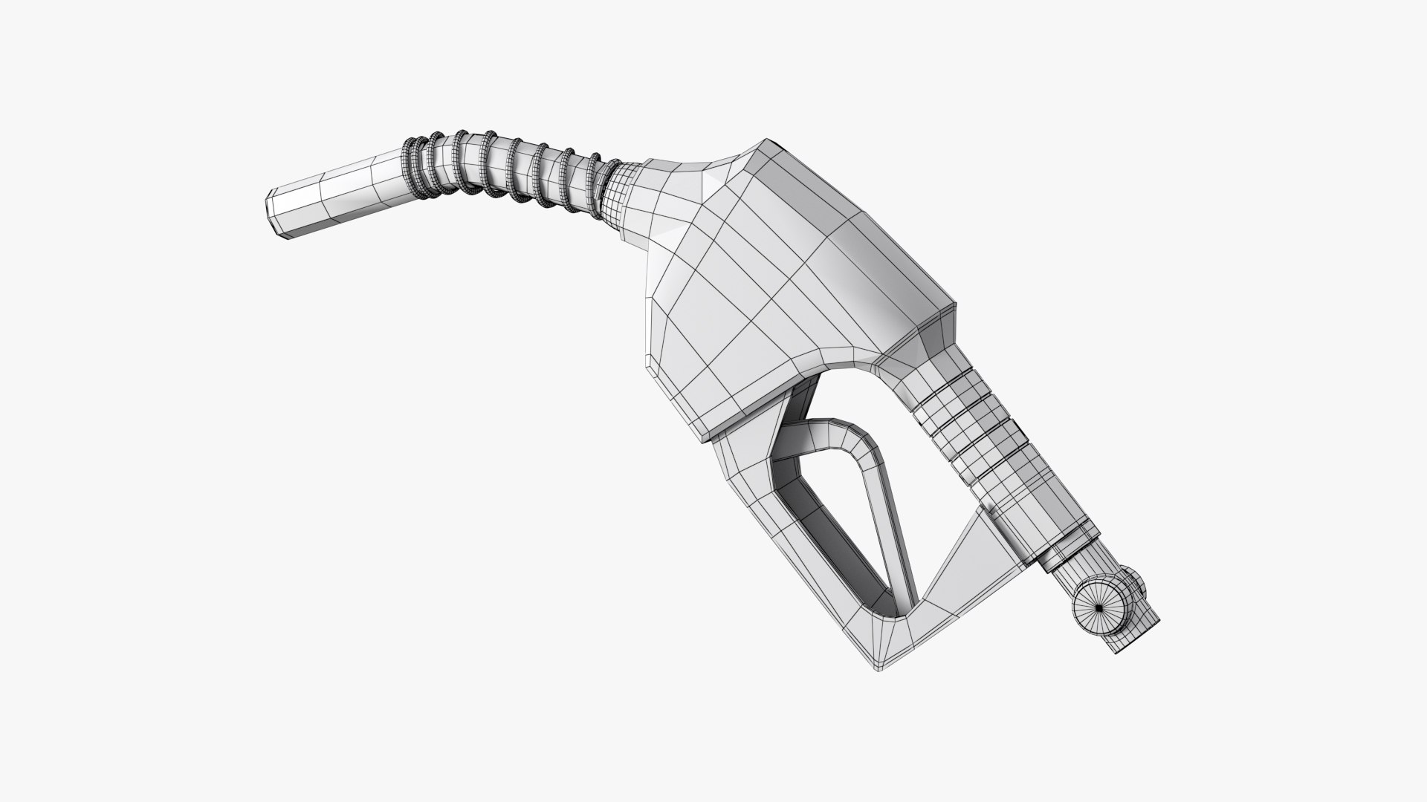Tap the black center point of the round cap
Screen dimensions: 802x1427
coord(1099,608)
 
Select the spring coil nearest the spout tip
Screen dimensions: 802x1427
coord(411,168)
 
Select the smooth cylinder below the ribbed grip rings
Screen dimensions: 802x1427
coord(1033,505)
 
